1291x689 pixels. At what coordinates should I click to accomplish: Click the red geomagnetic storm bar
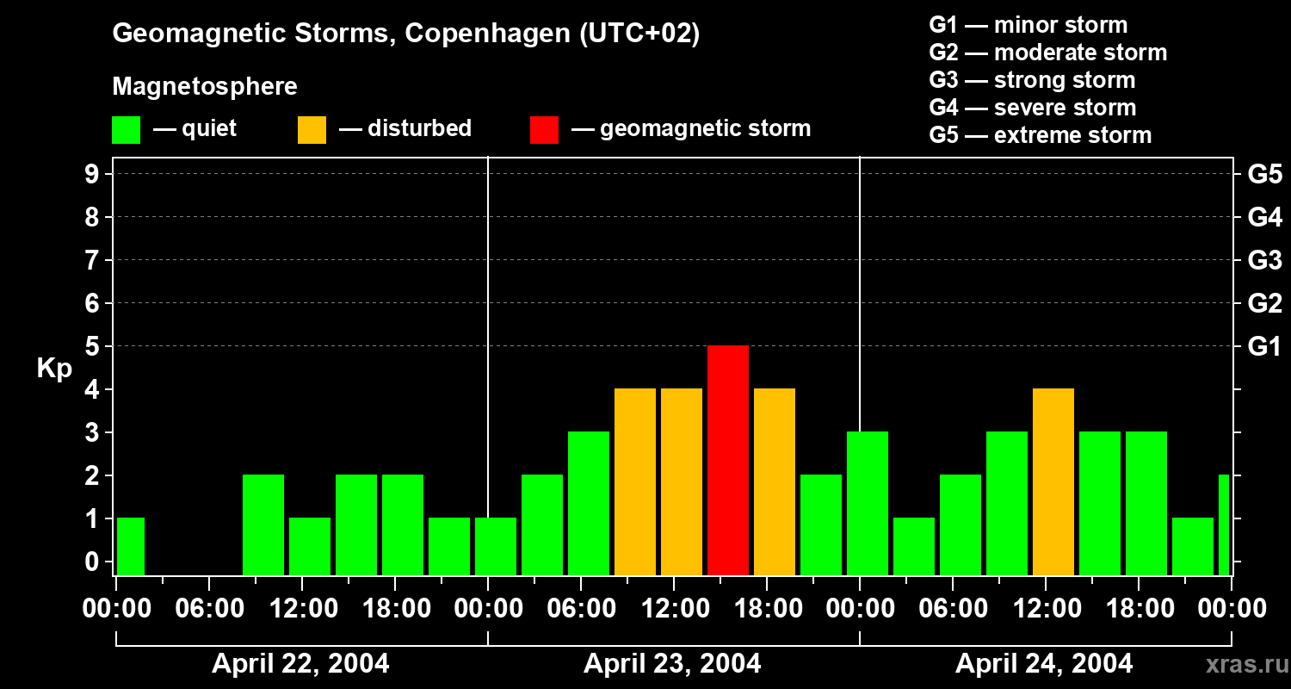728,460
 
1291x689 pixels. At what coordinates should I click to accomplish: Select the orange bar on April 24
1053,481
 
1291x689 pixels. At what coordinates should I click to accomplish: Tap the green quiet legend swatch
126,129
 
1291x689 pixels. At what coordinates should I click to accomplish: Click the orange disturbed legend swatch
312,129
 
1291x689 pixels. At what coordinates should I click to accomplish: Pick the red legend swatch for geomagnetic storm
544,129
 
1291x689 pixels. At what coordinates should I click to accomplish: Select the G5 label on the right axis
1264,175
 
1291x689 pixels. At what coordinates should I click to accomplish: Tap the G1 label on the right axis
1264,347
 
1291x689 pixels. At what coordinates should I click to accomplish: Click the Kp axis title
54,369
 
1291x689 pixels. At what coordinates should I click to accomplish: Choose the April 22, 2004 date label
300,664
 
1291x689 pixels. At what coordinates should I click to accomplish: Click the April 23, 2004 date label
672,664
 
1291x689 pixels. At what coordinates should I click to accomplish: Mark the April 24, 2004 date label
1044,664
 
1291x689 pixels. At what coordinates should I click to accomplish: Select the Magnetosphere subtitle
205,87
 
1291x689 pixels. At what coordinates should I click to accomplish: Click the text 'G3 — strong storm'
1032,80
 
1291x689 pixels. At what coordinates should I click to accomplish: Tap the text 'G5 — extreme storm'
1040,135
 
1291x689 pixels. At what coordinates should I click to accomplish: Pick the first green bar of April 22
131,546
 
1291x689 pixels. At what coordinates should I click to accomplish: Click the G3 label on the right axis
1264,261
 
